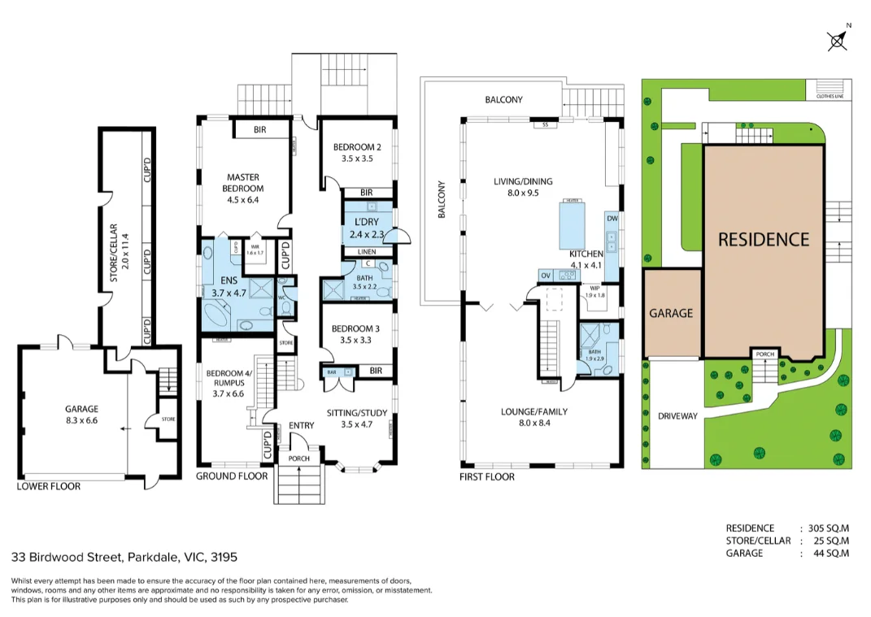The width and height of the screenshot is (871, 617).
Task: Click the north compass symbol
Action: point(838,40)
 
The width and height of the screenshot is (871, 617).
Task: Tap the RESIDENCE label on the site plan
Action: point(763,239)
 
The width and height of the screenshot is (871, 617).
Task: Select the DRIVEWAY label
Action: point(677,416)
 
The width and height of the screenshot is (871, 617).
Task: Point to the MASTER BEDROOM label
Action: point(244,183)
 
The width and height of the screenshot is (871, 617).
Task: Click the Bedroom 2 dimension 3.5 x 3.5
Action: point(356,159)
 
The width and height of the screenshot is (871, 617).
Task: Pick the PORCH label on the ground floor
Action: point(299,458)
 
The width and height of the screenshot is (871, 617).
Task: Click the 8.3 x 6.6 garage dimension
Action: point(81,420)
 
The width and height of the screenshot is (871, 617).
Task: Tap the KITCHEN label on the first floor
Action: point(586,254)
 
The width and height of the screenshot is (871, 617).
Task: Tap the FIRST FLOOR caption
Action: point(487,476)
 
